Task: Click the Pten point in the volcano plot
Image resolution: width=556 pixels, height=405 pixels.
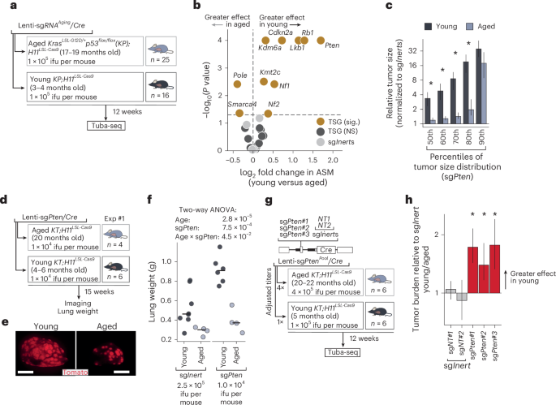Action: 321,39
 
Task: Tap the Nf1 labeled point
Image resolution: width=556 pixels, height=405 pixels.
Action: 274,84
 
